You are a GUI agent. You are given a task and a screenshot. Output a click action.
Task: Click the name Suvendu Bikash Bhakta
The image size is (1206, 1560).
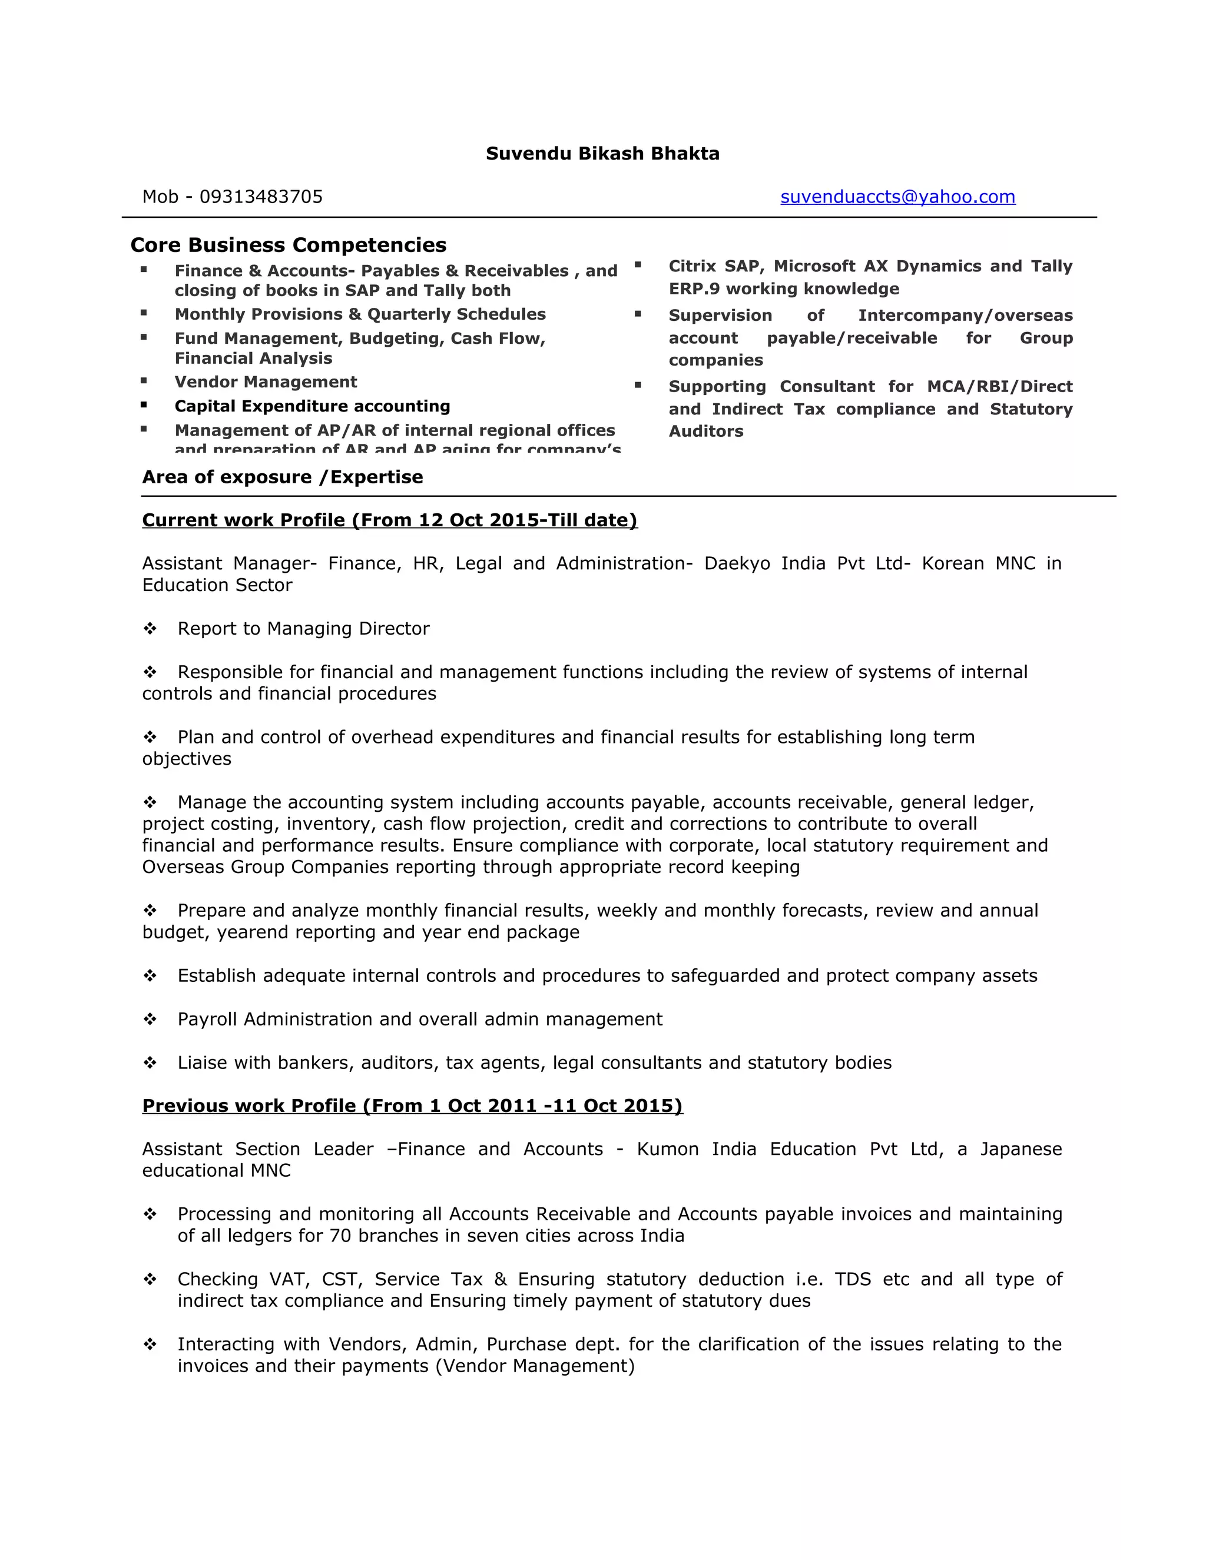point(602,154)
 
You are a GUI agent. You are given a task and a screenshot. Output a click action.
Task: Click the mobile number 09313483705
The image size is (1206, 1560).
point(261,197)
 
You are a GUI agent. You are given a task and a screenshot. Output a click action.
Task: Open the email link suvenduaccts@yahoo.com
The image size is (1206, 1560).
point(897,197)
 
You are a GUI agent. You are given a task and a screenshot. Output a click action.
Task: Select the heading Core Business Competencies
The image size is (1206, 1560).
point(288,245)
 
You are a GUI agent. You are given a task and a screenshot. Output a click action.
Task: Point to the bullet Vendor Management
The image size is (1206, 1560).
point(266,382)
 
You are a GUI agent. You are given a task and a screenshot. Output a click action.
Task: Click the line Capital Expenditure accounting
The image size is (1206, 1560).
point(312,406)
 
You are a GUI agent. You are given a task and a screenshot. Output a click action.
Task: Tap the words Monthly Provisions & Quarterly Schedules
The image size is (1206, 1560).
point(360,314)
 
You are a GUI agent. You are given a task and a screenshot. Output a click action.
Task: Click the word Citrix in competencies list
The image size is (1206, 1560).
point(691,267)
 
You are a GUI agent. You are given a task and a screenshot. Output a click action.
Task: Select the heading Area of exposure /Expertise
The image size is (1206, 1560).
point(282,477)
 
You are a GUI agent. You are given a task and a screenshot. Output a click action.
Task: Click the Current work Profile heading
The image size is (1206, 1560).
point(389,520)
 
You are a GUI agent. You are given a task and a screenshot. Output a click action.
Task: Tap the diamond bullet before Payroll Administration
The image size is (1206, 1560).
point(150,1019)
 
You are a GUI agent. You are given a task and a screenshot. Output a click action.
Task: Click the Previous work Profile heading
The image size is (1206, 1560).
point(412,1106)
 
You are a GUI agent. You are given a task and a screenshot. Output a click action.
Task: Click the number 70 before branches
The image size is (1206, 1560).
point(340,1236)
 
